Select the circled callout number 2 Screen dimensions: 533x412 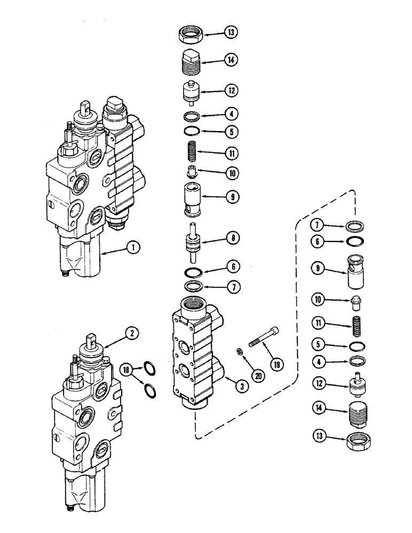(132, 334)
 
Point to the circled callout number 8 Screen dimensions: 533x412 (232, 237)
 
